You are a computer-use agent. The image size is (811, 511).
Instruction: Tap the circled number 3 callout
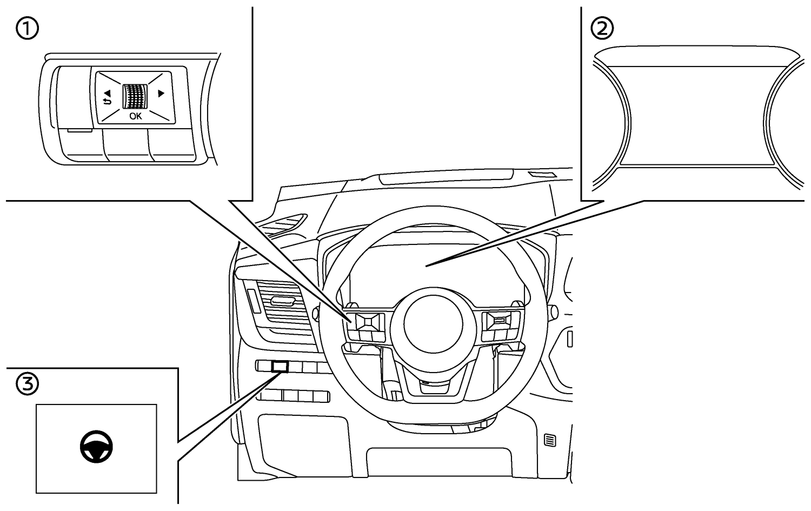(27, 384)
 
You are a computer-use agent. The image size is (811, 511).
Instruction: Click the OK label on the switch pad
(135, 116)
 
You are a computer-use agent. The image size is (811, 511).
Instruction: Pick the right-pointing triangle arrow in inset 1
(160, 94)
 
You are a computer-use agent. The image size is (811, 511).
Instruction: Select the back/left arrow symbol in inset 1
(107, 97)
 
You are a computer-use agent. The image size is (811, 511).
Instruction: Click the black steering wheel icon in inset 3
(97, 447)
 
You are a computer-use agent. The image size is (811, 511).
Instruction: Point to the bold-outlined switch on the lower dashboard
(280, 366)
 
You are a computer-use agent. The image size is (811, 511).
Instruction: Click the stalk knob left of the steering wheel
(314, 312)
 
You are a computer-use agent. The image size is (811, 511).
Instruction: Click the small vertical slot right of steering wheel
(569, 338)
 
